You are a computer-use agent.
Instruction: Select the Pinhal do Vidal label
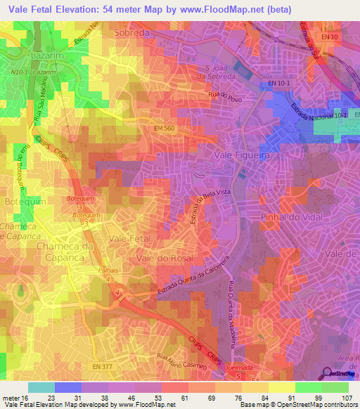click(290, 217)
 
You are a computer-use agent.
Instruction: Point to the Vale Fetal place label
click(131, 240)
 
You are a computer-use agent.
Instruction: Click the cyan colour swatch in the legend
click(41, 387)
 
